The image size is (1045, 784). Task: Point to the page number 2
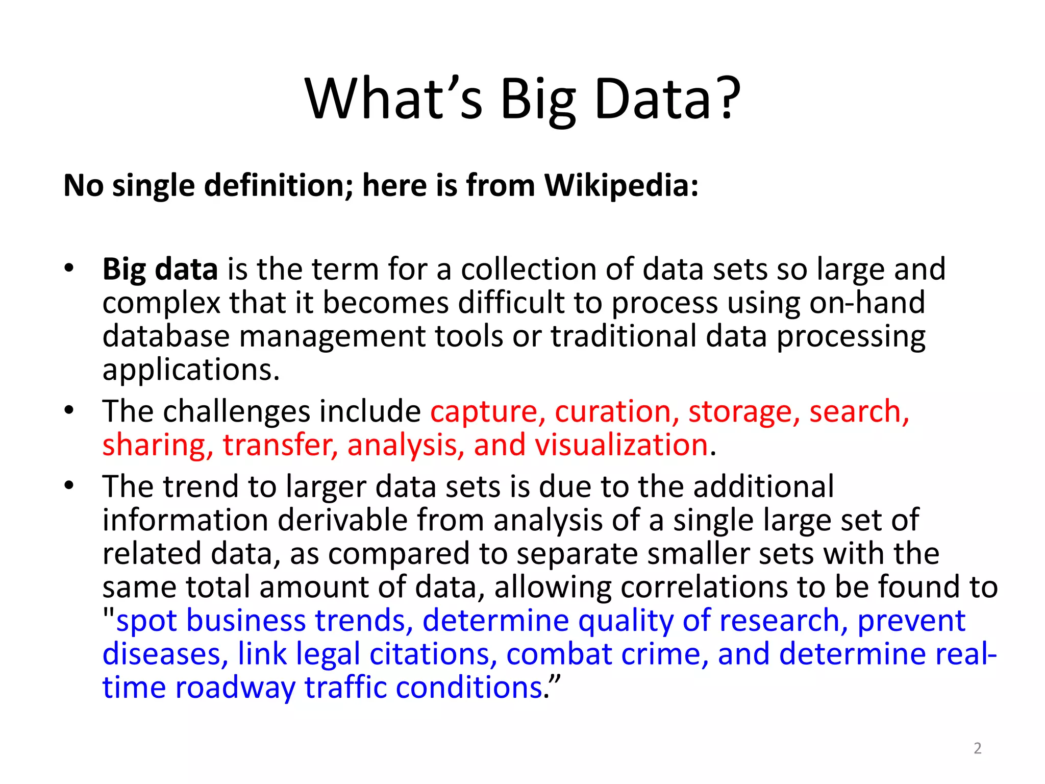tap(977, 748)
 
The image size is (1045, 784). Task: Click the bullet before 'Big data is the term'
tap(69, 268)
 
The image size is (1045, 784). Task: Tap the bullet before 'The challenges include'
tap(69, 410)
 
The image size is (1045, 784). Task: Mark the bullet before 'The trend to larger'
tap(69, 485)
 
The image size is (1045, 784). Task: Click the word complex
tap(161, 303)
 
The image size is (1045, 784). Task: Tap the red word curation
tap(613, 411)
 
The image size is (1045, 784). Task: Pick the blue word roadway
tap(235, 688)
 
